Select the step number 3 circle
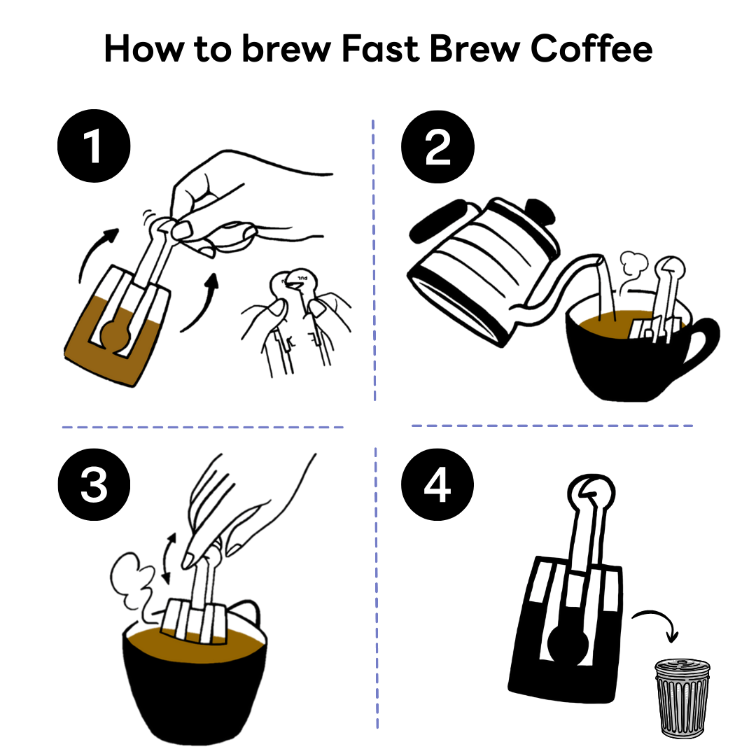94,486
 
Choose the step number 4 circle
437,486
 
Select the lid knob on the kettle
540,211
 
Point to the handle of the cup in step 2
700,343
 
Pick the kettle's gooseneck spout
574,283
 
